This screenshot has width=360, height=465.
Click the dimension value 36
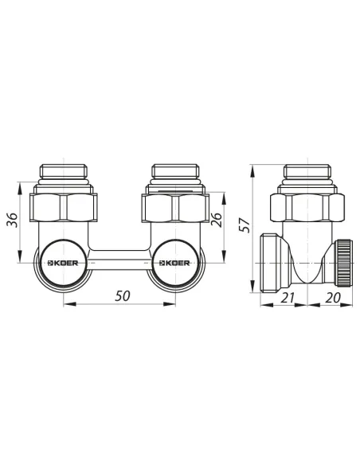coord(13,220)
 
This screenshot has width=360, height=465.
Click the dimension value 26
coord(217,220)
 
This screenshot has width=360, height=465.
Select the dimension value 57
coord(245,225)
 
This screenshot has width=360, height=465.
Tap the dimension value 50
coord(123,296)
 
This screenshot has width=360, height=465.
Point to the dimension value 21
coord(288,298)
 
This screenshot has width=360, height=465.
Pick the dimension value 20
coord(333,298)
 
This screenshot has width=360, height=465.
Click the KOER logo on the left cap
coord(63,263)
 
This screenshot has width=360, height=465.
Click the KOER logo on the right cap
coord(174,263)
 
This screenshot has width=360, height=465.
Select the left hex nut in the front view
coord(64,208)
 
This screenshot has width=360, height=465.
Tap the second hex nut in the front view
coord(175,208)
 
